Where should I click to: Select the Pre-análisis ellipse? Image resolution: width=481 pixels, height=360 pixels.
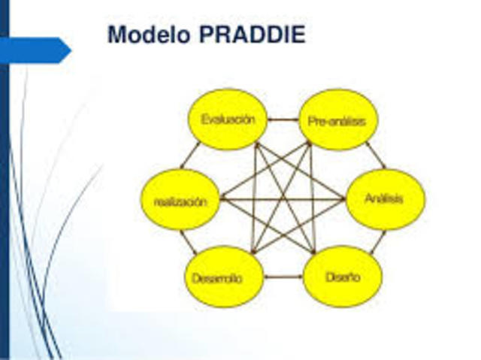coord(337,119)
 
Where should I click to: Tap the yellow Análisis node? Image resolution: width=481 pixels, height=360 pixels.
coord(384,199)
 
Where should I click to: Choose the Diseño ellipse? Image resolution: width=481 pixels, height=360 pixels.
coord(342,277)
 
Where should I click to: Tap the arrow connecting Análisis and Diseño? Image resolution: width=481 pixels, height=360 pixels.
coord(377,241)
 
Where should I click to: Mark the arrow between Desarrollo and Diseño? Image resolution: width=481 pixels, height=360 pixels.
coord(283,277)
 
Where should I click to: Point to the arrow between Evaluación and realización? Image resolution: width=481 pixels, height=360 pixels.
coord(189,156)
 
